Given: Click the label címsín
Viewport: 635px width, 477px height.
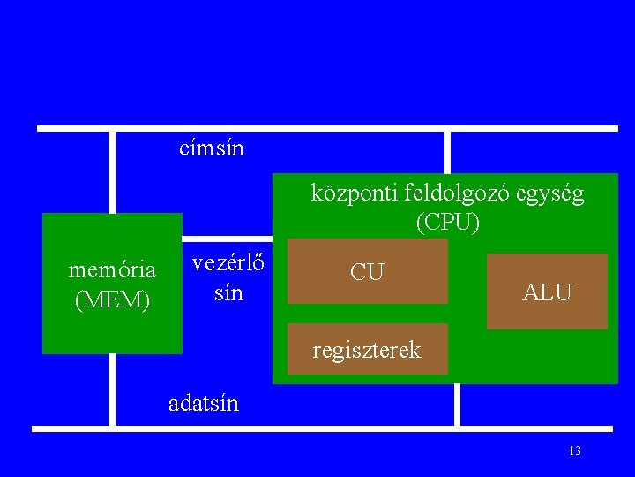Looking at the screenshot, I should pos(212,148).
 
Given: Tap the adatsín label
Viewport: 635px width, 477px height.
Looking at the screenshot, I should pos(204,404).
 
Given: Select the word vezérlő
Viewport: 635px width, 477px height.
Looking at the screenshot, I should pos(231,263).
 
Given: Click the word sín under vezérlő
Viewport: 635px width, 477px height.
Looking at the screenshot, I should pos(228,292).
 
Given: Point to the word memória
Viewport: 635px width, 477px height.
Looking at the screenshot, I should pos(112,269).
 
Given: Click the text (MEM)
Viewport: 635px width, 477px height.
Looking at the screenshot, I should pos(113,299).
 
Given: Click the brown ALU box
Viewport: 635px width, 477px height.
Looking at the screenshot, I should pos(547,291).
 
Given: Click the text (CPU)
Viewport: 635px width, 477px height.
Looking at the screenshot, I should pos(448,222).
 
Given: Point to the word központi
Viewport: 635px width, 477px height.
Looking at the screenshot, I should pos(351,193).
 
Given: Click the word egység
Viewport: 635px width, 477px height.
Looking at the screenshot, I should pos(554,193).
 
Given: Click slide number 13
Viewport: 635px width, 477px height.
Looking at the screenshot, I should pos(575,451).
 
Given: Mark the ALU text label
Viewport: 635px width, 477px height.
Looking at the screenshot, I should pos(547,291).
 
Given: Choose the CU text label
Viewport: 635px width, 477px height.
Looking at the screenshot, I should pos(367,272).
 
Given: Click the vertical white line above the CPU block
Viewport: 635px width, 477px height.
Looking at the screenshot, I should pos(447,152).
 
